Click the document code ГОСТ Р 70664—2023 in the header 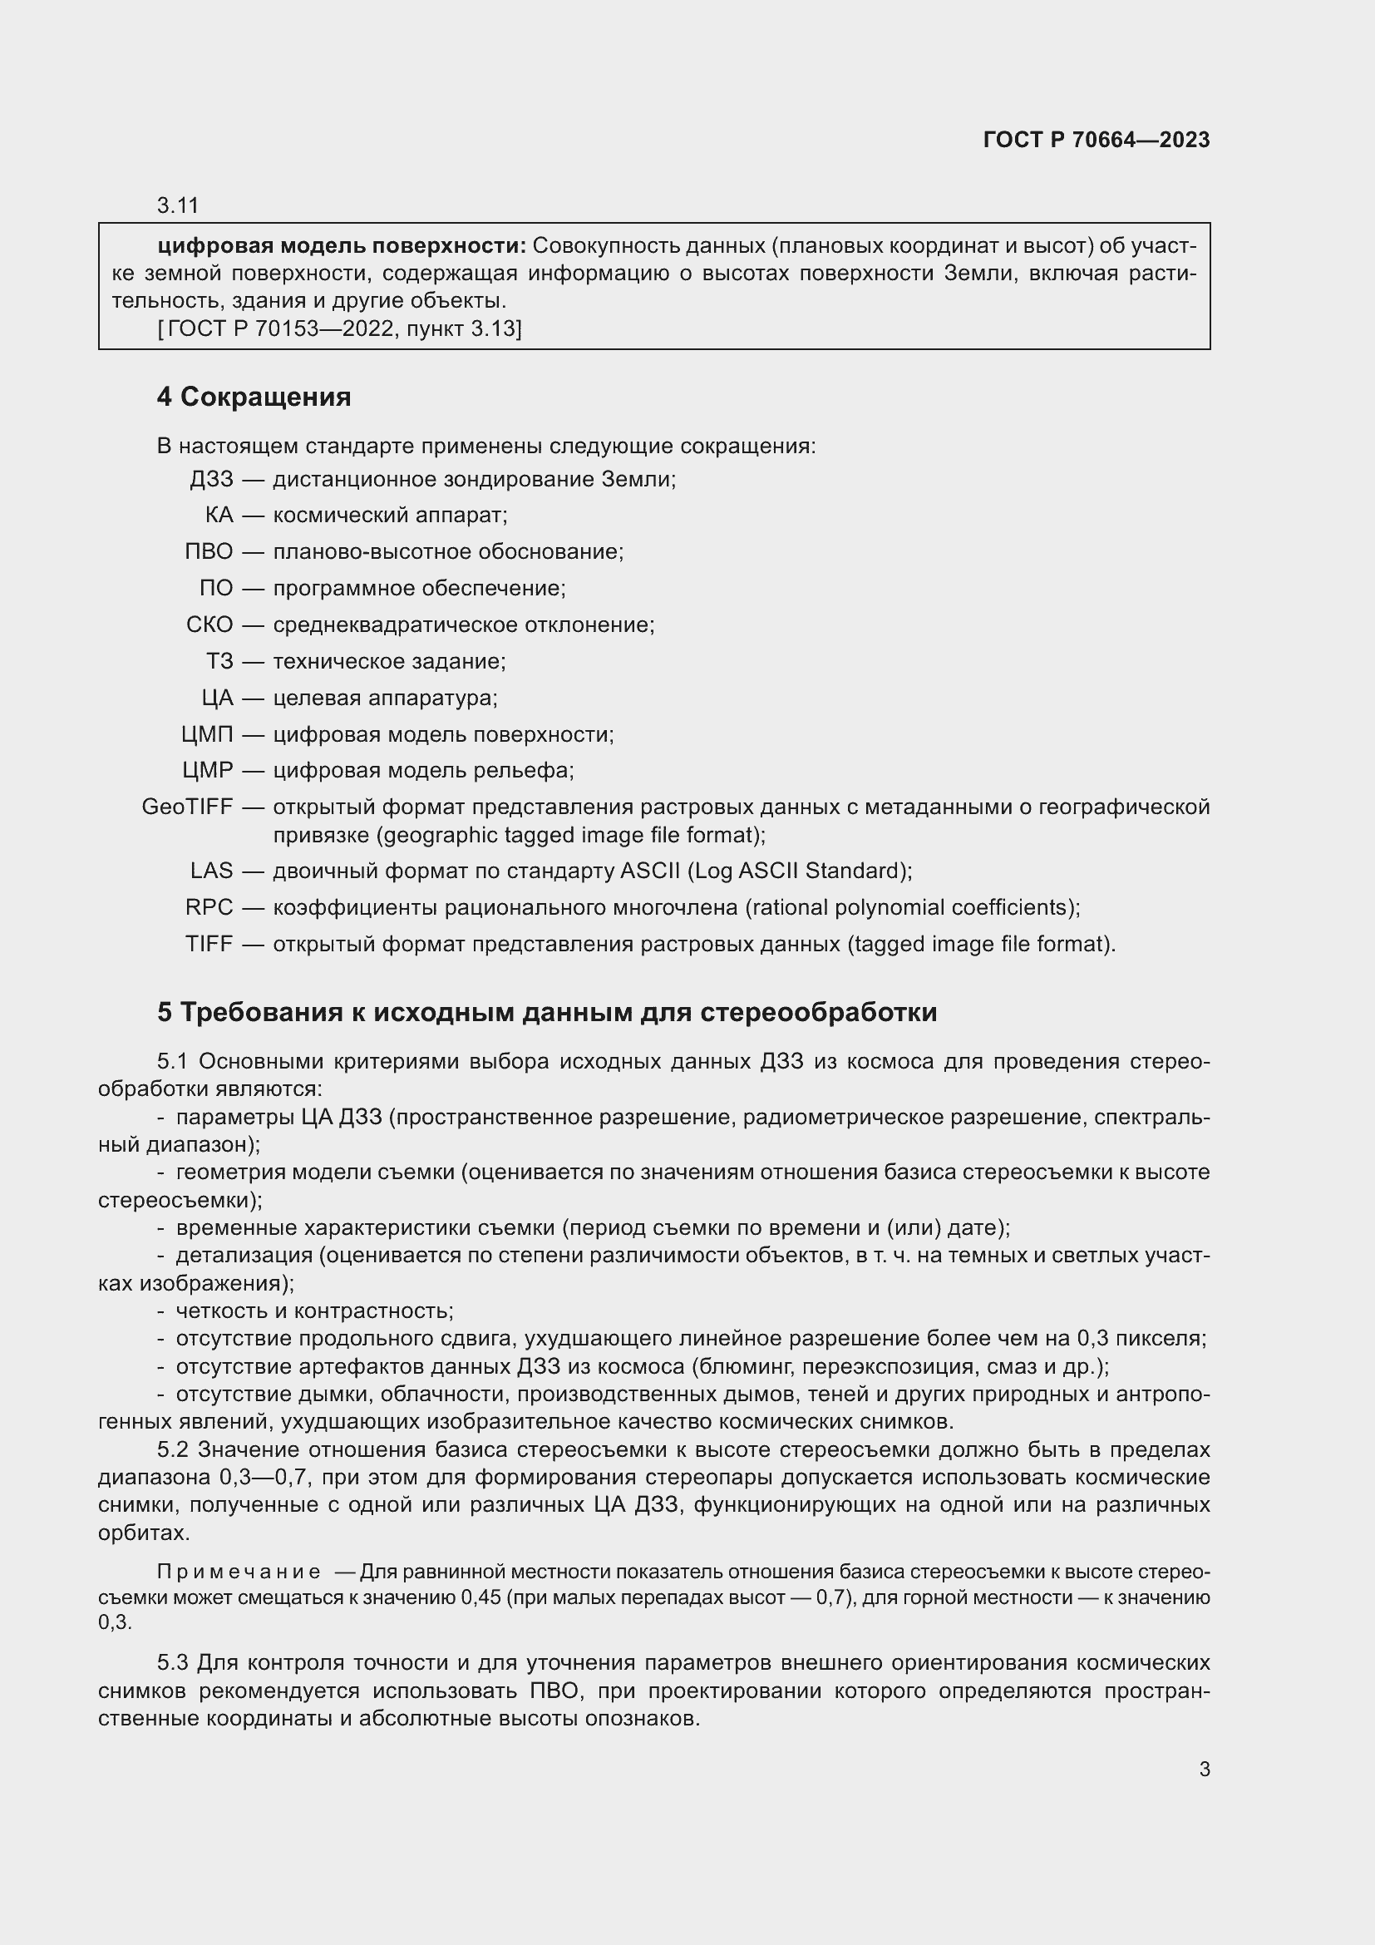[x=1097, y=140]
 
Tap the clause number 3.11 [x=177, y=205]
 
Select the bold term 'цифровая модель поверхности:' [x=341, y=245]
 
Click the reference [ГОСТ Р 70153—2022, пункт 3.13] [x=339, y=328]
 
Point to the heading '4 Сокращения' [x=254, y=397]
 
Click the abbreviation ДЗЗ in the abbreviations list [x=211, y=480]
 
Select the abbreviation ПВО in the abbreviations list [x=209, y=551]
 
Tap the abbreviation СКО [x=209, y=624]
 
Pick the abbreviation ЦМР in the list [x=208, y=770]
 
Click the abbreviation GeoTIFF [x=187, y=807]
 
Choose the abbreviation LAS [x=211, y=870]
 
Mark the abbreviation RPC [x=209, y=907]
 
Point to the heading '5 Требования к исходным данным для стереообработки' [x=547, y=1011]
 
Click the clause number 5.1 [x=173, y=1061]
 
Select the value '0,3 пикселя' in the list [x=1141, y=1339]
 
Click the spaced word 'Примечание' [x=239, y=1572]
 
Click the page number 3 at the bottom [x=1204, y=1770]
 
